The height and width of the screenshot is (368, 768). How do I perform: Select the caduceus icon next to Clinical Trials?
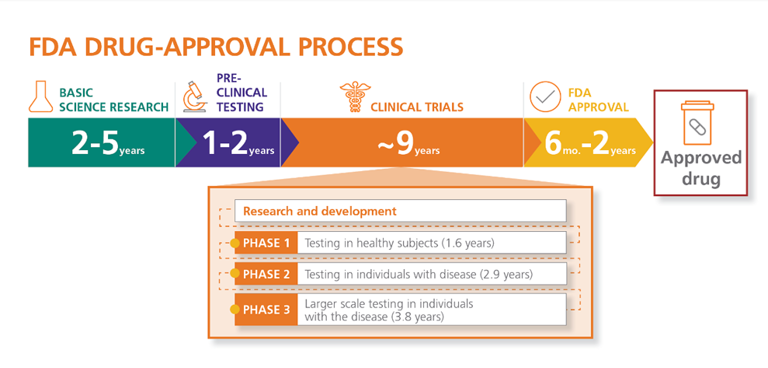click(x=355, y=96)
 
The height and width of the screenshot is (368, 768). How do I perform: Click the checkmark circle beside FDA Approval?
click(x=545, y=96)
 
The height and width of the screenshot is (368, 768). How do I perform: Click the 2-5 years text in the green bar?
click(x=108, y=143)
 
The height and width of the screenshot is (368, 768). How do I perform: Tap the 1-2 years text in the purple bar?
click(x=238, y=143)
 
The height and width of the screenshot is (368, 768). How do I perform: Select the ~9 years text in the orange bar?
click(x=408, y=143)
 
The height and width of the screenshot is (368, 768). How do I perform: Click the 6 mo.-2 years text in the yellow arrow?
click(x=590, y=143)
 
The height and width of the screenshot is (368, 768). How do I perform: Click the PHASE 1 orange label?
click(x=266, y=243)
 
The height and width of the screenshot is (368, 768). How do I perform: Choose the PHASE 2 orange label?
click(x=266, y=273)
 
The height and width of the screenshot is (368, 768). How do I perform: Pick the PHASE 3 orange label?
click(x=266, y=310)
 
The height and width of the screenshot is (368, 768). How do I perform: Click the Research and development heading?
click(x=320, y=212)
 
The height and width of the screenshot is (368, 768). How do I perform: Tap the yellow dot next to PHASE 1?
click(x=235, y=243)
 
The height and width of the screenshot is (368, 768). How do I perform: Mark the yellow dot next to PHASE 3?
click(x=235, y=310)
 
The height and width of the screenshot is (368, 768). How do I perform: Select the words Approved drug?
click(x=701, y=168)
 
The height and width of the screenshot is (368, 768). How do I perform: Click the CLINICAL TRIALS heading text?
click(x=417, y=107)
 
